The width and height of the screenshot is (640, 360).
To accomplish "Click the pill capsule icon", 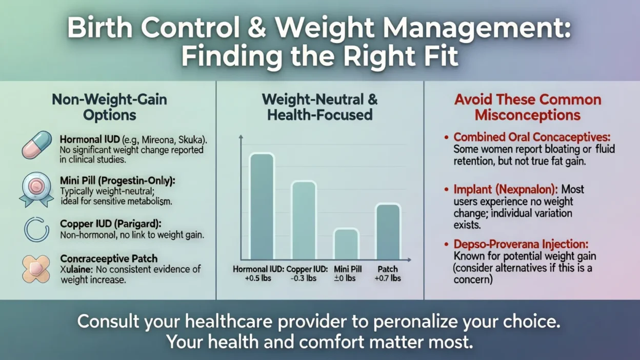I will pos(37,145).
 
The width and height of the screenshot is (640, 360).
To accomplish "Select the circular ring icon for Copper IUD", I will pos(36,229).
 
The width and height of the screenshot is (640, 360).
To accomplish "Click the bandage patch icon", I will pos(36,269).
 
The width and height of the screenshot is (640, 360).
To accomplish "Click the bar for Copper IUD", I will pos(304,221).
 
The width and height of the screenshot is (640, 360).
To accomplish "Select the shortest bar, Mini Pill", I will pos(346,244).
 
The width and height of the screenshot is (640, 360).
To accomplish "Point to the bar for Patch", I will pos(388,232).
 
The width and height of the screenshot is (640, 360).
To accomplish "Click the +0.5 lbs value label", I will pos(258,278).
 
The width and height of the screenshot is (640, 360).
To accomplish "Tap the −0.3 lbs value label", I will pos(303,278).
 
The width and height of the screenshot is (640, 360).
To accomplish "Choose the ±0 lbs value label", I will pos(345,278).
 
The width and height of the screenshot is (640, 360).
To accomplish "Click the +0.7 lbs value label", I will pos(388,278).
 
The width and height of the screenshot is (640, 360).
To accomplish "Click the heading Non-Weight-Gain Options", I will pos(109,106).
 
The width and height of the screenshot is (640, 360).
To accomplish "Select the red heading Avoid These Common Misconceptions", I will pos(527,107).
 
